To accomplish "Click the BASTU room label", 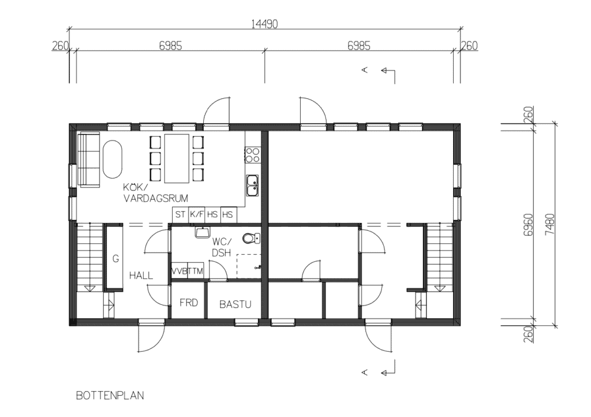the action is tap(235, 304).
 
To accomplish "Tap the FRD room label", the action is tap(189, 303).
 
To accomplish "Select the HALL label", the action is tap(141, 275).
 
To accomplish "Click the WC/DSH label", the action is tap(222, 247).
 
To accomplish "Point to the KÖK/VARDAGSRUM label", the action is tap(155, 193).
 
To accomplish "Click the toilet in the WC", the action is tap(251, 239).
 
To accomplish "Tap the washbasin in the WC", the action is tap(203, 232).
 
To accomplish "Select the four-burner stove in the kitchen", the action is tap(252, 155).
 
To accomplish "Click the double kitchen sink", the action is tap(253, 185).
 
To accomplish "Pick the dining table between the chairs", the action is tap(177, 158).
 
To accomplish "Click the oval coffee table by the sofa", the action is tap(113, 159).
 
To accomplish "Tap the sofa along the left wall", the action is tap(89, 159).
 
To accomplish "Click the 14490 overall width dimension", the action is tap(264, 24).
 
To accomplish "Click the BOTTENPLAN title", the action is tap(110, 396).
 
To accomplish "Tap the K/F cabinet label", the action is tap(196, 214).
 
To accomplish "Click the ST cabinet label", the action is tap(180, 214).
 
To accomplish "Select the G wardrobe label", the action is tap(115, 259).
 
